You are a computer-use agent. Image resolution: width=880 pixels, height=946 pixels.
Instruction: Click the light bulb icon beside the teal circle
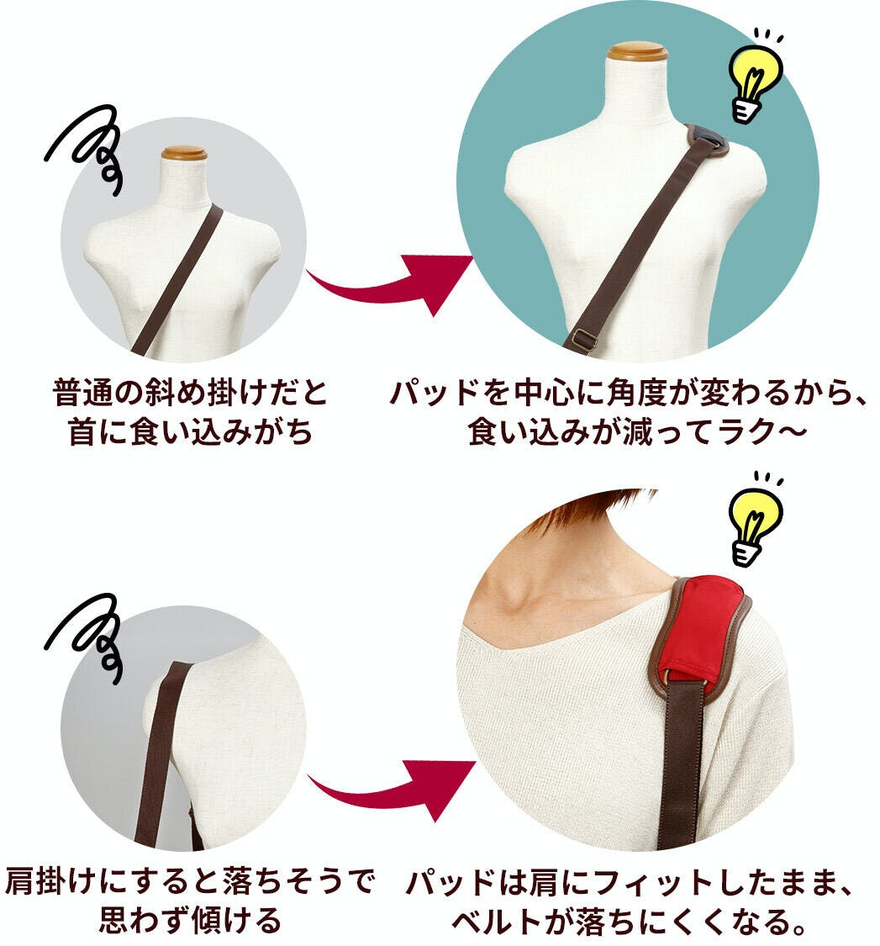point(754,77)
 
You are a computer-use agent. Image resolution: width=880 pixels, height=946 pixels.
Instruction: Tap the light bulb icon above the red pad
point(754,520)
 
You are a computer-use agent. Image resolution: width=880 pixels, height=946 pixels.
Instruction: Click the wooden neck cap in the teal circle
point(637,50)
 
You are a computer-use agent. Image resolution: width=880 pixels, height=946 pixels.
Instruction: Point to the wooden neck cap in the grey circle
point(184,153)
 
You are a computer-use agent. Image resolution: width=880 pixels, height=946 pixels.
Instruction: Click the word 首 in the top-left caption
point(82,432)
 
